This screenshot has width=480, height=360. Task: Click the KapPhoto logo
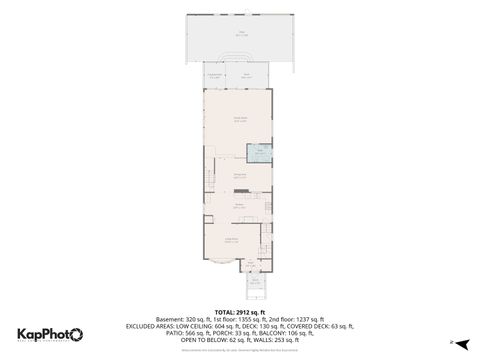pyautogui.click(x=50, y=334)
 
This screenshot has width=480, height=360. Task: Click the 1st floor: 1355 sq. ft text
pyautogui.click(x=241, y=318)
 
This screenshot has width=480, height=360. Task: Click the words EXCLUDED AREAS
pyautogui.click(x=149, y=326)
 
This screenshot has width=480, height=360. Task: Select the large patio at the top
pyautogui.click(x=240, y=40)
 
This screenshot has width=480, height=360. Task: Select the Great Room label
pyautogui.click(x=240, y=119)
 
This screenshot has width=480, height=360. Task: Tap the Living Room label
pyautogui.click(x=231, y=239)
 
